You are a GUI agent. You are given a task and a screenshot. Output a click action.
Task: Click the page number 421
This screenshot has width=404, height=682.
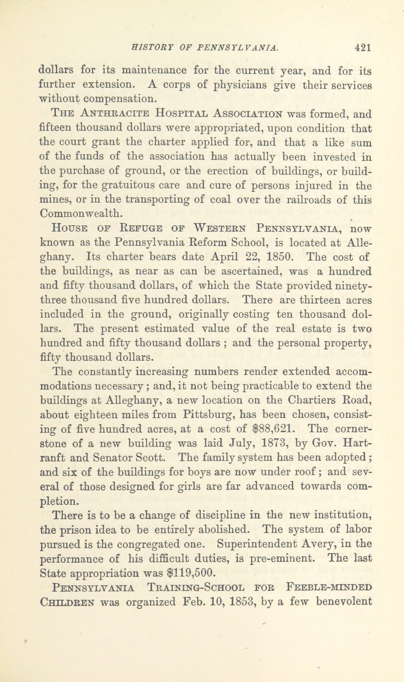[x=362, y=48]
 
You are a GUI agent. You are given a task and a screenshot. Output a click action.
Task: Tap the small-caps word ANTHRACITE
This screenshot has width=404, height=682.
[x=115, y=114]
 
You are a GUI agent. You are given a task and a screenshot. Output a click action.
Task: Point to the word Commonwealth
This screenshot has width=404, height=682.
[x=81, y=214]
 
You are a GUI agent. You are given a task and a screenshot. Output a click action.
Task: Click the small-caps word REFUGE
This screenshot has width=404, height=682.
[x=143, y=228]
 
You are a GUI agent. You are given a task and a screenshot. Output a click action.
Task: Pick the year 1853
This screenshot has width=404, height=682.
[x=243, y=602]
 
